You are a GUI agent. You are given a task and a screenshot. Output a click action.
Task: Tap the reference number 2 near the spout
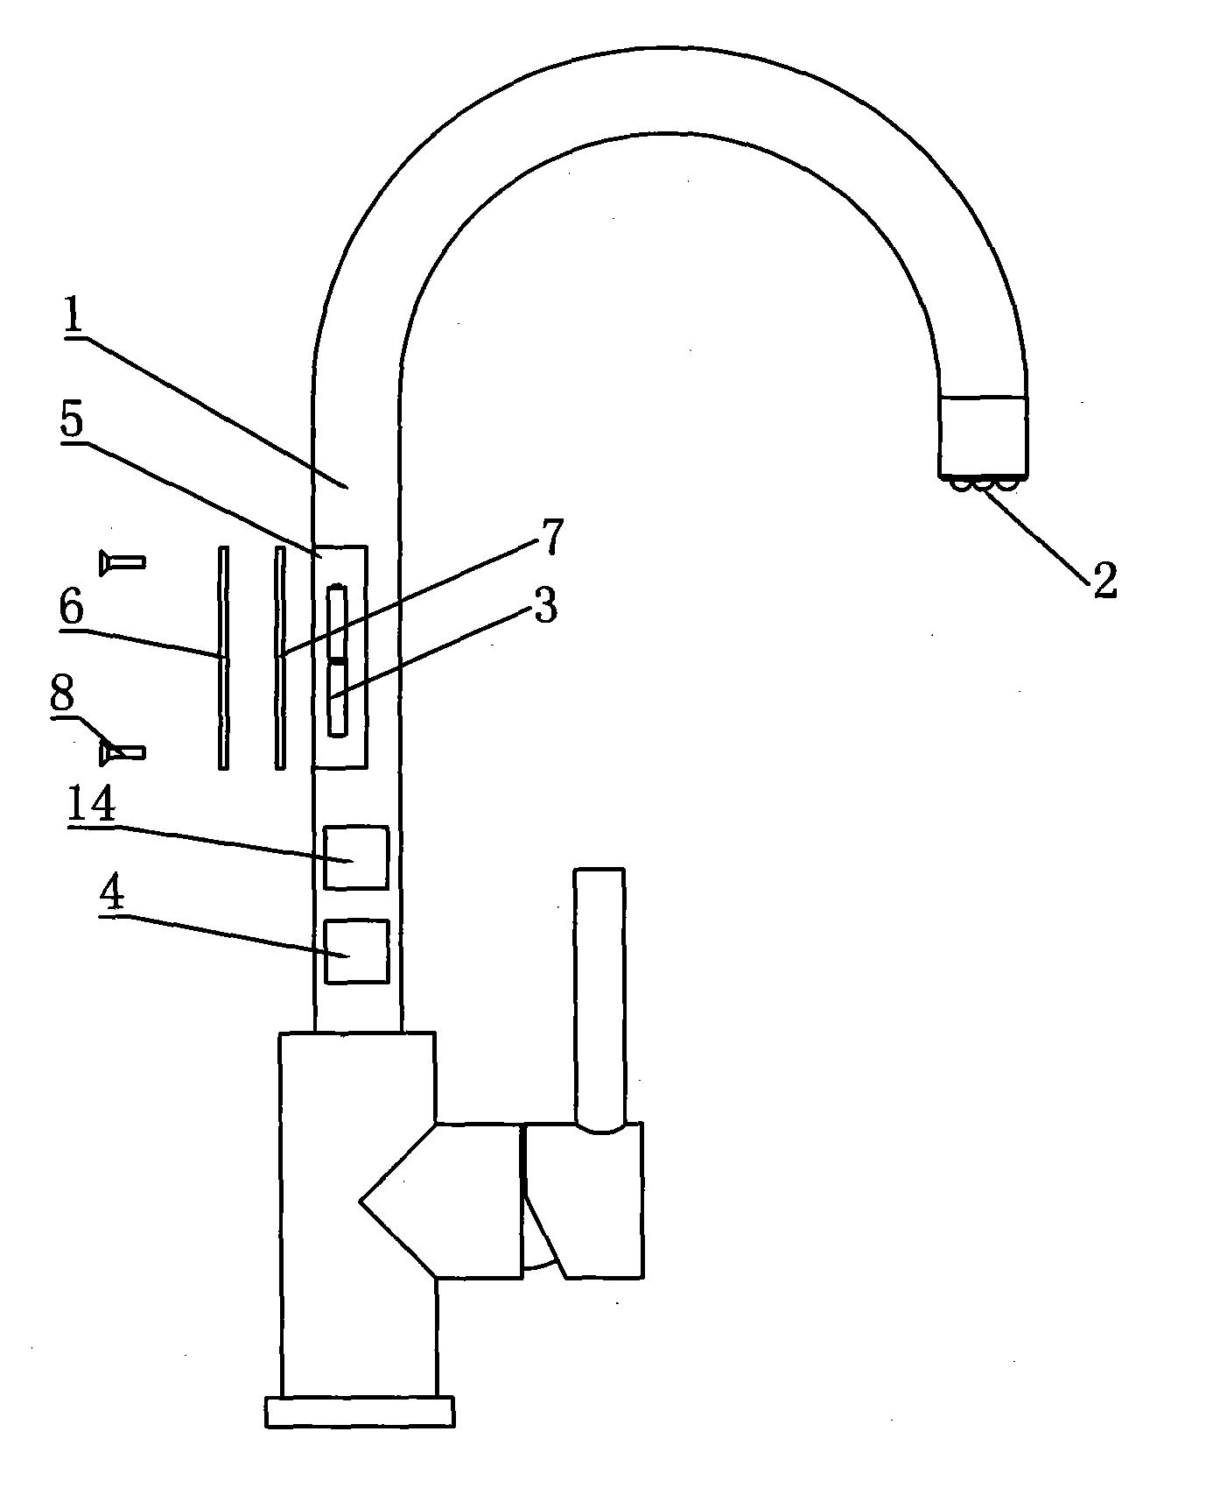coord(1104,581)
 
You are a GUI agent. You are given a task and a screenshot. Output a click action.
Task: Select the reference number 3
coord(545,605)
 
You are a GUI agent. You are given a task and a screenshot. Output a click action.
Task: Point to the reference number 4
coord(112,893)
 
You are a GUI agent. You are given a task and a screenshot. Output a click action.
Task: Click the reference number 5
coord(72,421)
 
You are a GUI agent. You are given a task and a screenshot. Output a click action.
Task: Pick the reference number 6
coord(72,605)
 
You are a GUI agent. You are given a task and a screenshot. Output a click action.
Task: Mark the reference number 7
coord(550,536)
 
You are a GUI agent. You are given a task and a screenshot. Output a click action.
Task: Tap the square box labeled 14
coord(356,857)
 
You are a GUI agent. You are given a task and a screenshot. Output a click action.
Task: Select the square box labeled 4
coord(356,951)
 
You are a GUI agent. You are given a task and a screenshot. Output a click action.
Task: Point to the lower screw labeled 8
coord(123,751)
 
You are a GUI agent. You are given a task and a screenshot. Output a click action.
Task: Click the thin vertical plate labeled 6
coord(224,658)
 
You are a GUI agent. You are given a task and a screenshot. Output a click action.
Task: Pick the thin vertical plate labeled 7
coord(280,658)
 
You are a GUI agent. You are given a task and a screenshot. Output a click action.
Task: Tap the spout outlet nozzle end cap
coord(983,436)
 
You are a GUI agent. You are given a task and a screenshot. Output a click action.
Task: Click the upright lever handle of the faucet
coord(599,998)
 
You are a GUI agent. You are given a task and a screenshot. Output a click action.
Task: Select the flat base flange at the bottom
coord(360,1412)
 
